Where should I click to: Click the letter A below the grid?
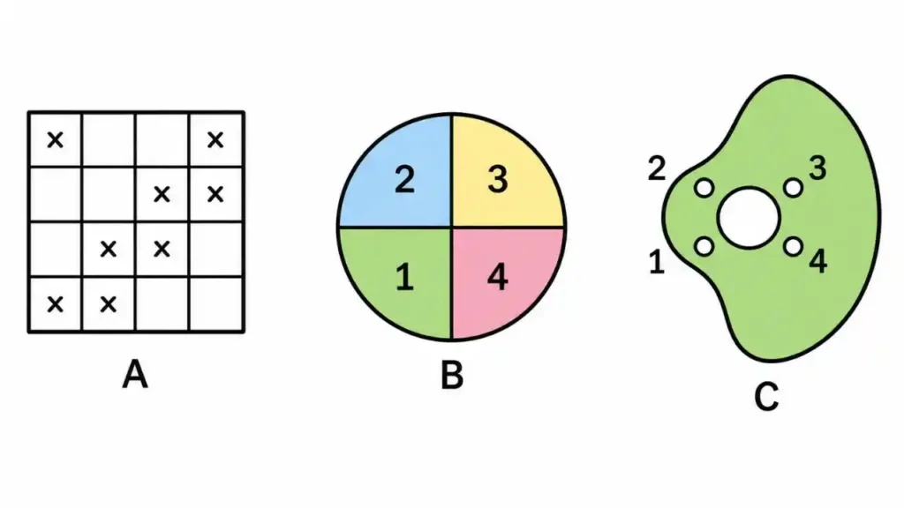pyautogui.click(x=135, y=374)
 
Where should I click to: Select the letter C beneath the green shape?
pyautogui.click(x=766, y=396)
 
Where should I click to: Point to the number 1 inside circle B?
pyautogui.click(x=404, y=276)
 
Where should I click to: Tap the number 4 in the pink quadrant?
pyautogui.click(x=498, y=276)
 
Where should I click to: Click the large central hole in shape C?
pyautogui.click(x=749, y=218)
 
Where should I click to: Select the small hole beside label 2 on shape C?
pyautogui.click(x=704, y=188)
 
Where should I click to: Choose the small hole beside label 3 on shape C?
pyautogui.click(x=794, y=188)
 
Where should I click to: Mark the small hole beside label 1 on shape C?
pyautogui.click(x=704, y=247)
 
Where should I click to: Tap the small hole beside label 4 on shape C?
pyautogui.click(x=794, y=247)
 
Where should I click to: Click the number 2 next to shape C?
pyautogui.click(x=657, y=168)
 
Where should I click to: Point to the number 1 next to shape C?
pyautogui.click(x=657, y=261)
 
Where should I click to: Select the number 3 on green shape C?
pyautogui.click(x=817, y=168)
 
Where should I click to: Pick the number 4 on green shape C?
pyautogui.click(x=818, y=261)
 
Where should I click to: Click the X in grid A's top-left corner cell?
pyautogui.click(x=56, y=139)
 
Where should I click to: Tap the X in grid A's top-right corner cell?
pyautogui.click(x=215, y=139)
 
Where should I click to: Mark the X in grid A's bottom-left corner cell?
pyautogui.click(x=56, y=303)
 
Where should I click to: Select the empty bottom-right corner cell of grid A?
pyautogui.click(x=216, y=303)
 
